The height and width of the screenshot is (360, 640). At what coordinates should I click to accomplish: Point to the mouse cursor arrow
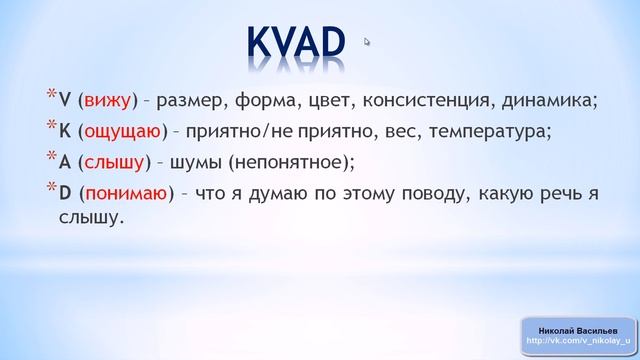click(367, 42)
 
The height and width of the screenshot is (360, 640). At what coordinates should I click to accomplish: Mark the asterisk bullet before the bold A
click(52, 158)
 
